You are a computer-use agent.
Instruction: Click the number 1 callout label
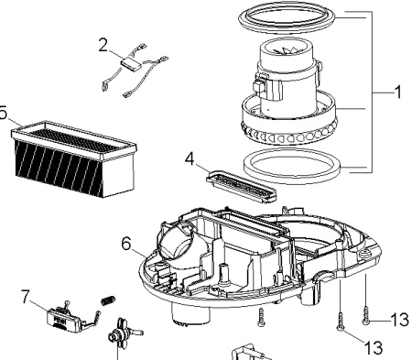pyautogui.click(x=397, y=92)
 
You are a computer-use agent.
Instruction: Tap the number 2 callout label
pyautogui.click(x=103, y=45)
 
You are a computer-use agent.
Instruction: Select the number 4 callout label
pyautogui.click(x=190, y=158)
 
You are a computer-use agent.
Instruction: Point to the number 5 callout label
pyautogui.click(x=3, y=113)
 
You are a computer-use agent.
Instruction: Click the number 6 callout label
pyautogui.click(x=125, y=244)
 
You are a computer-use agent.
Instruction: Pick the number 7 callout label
pyautogui.click(x=26, y=297)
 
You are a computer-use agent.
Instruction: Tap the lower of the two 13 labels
pyautogui.click(x=374, y=347)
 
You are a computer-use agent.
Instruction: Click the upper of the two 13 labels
pyautogui.click(x=399, y=320)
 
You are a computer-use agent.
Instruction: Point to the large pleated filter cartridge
pyautogui.click(x=73, y=158)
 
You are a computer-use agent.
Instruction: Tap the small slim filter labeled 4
pyautogui.click(x=241, y=186)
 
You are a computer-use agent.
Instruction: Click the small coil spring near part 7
pyautogui.click(x=108, y=300)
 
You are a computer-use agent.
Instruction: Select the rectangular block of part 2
pyautogui.click(x=131, y=63)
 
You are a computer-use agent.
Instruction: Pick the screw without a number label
pyautogui.click(x=261, y=317)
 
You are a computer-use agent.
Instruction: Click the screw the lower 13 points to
pyautogui.click(x=341, y=322)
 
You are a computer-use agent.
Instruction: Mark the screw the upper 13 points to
pyautogui.click(x=365, y=316)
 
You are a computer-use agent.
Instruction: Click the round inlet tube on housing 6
pyautogui.click(x=175, y=241)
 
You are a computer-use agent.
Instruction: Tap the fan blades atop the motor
pyautogui.click(x=287, y=49)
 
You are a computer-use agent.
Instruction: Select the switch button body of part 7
pyautogui.click(x=63, y=320)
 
